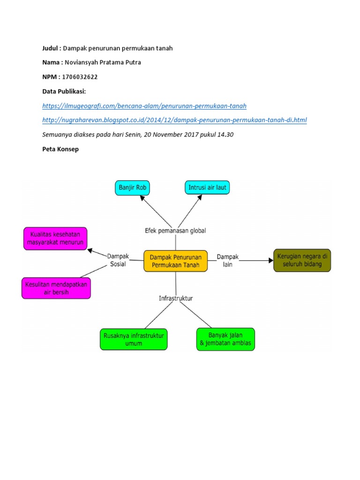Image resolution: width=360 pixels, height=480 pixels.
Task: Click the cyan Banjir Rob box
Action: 133,188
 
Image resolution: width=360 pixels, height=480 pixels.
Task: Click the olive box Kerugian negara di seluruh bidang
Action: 302,261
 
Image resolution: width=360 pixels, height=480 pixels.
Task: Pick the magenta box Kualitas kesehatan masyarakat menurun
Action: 56,239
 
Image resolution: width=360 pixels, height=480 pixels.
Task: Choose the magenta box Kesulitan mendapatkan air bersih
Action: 56,288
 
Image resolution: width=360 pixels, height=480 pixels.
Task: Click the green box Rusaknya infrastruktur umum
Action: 134,339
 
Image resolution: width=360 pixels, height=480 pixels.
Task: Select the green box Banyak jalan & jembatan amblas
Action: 225,339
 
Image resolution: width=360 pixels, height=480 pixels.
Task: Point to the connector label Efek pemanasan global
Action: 175,231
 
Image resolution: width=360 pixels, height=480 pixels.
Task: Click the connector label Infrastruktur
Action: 175,298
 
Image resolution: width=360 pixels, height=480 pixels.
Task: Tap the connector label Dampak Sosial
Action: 118,260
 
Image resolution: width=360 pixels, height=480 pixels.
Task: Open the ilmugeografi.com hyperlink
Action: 144,105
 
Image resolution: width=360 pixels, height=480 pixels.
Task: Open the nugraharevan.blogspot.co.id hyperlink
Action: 174,120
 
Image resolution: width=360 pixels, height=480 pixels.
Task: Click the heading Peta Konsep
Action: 61,149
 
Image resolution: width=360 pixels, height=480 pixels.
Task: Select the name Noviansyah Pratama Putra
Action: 102,62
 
